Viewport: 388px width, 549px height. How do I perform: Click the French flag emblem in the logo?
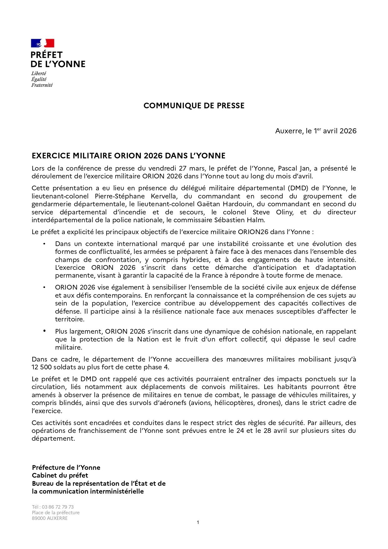coord(43,43)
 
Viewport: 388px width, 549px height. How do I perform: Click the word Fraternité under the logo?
coord(42,85)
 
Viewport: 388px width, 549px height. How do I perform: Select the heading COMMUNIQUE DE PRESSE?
coord(194,106)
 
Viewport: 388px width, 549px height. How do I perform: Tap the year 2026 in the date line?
coord(348,131)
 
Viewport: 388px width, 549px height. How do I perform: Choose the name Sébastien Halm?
coord(239,220)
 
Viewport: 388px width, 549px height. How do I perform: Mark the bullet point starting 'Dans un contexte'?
coord(44,244)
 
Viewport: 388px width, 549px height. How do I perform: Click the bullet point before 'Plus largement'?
coord(44,331)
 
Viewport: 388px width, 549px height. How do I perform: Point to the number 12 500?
coord(42,367)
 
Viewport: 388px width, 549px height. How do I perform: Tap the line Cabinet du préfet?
coord(60,475)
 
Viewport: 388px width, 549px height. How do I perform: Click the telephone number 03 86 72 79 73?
coord(58,507)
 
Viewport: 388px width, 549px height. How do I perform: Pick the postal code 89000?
coord(39,518)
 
